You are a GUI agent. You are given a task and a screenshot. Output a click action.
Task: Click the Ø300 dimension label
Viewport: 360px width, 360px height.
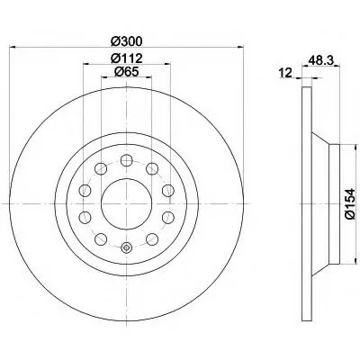click(126, 41)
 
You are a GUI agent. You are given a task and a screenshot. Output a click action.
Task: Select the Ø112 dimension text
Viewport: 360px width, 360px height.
click(126, 58)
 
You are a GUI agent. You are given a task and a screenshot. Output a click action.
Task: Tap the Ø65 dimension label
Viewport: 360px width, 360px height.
click(126, 71)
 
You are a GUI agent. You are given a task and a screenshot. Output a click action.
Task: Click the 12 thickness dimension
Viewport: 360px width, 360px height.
click(285, 73)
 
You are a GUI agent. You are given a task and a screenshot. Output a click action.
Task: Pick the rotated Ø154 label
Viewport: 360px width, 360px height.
click(350, 204)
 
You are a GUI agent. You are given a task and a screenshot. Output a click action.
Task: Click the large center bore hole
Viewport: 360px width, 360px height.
click(126, 203)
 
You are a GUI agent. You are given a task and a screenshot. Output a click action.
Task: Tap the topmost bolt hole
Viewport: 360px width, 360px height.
click(126, 160)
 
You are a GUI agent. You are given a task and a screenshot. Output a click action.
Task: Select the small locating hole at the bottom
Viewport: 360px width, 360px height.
click(126, 247)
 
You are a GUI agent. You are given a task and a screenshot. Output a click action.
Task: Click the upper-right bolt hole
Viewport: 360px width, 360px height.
click(152, 168)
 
